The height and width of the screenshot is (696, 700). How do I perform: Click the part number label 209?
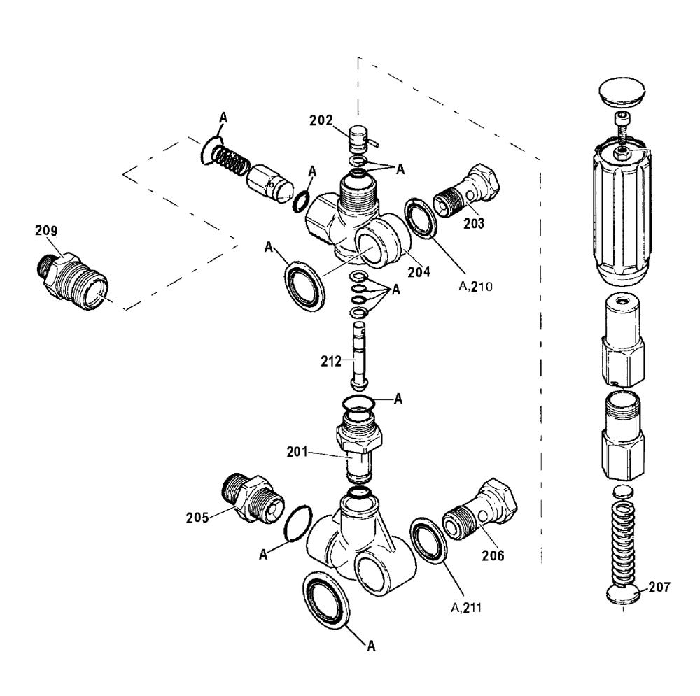(46, 230)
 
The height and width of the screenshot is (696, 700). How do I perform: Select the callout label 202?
(321, 120)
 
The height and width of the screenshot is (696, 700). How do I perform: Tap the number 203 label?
(474, 223)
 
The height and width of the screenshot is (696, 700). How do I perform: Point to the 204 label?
(419, 271)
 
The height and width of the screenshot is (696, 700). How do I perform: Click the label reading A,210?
(476, 286)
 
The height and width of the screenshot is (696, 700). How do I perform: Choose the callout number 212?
(331, 361)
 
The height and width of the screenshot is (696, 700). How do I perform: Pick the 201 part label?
(297, 452)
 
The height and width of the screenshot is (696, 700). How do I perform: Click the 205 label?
(197, 518)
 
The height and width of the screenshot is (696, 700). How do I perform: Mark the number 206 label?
(493, 555)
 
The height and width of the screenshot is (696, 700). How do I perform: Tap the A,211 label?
(466, 608)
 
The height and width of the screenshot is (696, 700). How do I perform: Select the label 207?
(659, 587)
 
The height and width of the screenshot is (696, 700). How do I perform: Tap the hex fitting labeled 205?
(252, 499)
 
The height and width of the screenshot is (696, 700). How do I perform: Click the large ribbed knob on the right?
(622, 215)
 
